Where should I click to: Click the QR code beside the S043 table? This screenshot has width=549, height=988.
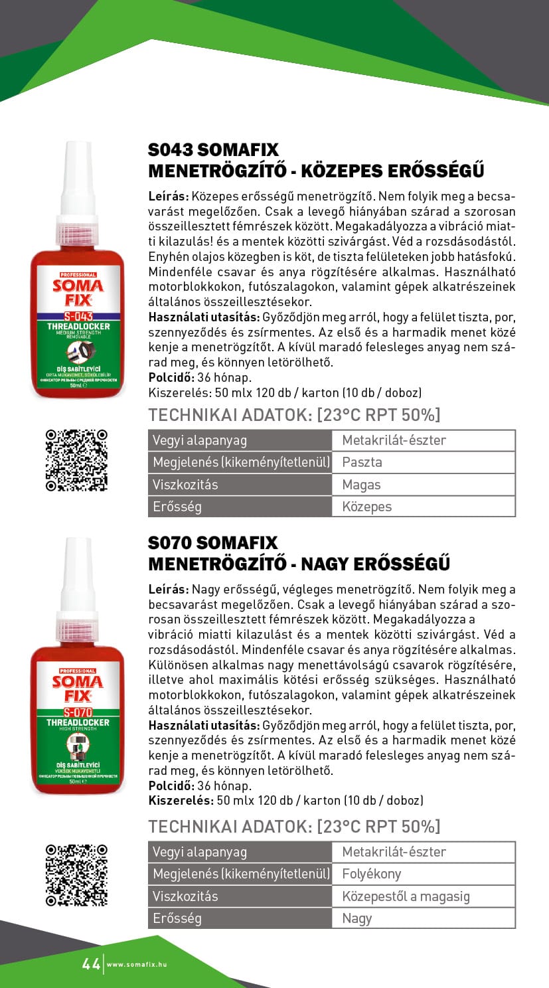(x=76, y=459)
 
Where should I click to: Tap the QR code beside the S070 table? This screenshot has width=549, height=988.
(x=76, y=874)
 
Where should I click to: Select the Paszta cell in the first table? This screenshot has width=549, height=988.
(x=423, y=462)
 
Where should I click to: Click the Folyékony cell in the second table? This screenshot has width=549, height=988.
(x=423, y=874)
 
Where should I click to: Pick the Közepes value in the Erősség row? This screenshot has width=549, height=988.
(x=423, y=507)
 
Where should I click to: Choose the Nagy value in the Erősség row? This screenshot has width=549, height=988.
(x=423, y=918)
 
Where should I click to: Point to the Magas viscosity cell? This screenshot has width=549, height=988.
(x=423, y=485)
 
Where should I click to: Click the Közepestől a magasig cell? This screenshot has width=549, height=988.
(x=423, y=896)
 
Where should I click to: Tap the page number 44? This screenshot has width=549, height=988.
(x=91, y=963)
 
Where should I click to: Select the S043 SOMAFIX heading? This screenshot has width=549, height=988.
(x=213, y=149)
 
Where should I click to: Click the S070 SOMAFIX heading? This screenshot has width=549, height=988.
(x=212, y=542)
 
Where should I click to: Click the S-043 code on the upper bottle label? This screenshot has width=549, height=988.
(x=78, y=317)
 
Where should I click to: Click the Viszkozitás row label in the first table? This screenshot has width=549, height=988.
(x=186, y=485)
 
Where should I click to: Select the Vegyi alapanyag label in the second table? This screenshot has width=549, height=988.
(x=200, y=852)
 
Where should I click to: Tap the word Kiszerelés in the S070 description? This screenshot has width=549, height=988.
(x=179, y=801)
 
